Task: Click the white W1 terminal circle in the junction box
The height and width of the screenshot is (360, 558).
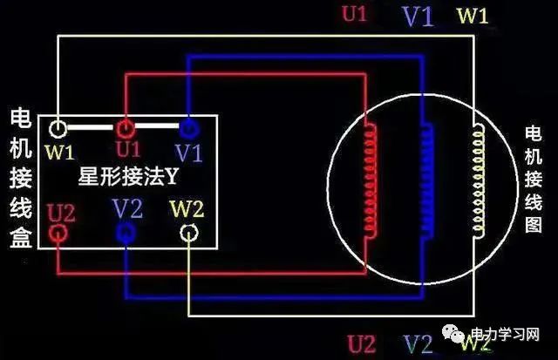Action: pos(58,129)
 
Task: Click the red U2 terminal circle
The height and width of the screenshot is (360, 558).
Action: pos(58,233)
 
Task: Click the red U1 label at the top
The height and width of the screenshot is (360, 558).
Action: pos(353,15)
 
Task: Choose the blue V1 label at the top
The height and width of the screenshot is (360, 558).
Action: pos(417,17)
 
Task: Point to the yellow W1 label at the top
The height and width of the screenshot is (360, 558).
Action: pos(473,16)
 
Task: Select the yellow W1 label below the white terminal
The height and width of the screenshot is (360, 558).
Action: pos(60,153)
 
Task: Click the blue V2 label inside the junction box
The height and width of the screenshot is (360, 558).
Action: pos(127,208)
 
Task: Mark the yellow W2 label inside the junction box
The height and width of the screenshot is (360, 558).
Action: pos(186,209)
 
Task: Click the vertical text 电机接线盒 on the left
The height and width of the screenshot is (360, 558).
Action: pos(20,179)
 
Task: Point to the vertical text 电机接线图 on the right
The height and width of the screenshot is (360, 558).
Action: pos(533,179)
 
